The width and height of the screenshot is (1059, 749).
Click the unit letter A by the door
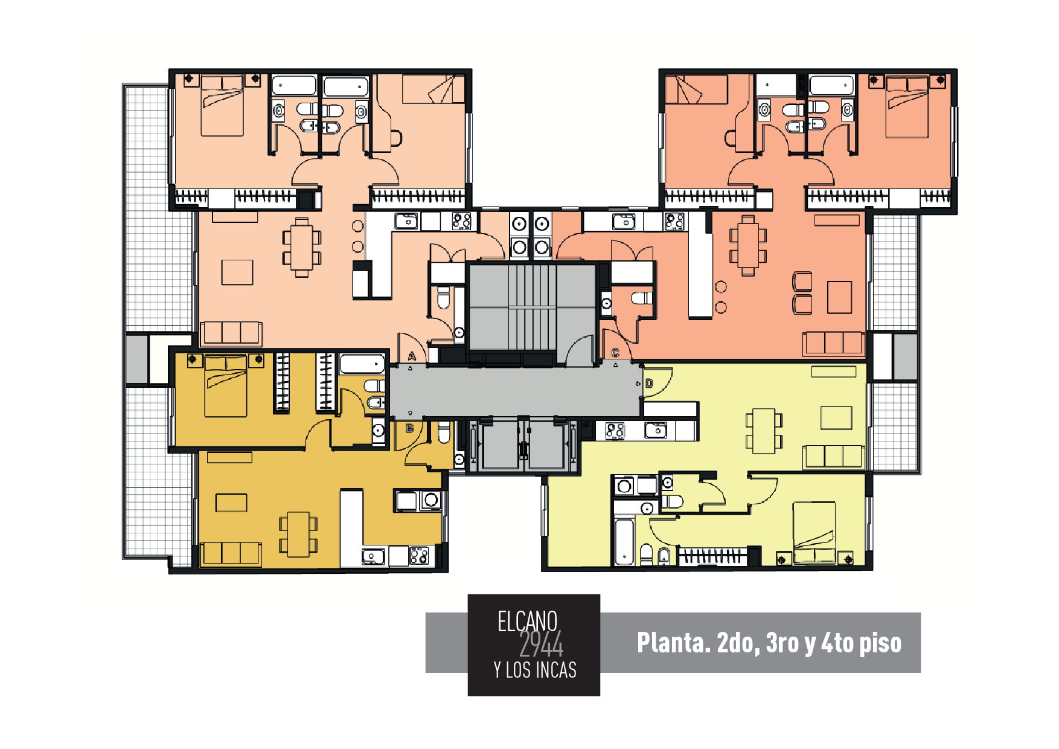412,356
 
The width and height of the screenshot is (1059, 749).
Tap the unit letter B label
409,428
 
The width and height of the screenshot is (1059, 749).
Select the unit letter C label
615,353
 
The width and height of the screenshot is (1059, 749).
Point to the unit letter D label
649,383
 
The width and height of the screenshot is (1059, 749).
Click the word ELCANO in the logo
527,622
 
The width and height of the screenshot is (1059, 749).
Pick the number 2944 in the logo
541,645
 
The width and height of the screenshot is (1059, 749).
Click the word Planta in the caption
673,643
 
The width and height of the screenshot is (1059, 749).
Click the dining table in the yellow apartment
764,431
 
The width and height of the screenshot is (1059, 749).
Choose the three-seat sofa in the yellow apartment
833,457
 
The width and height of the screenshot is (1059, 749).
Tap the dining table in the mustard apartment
298,535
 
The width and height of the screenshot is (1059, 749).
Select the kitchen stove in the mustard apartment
418,555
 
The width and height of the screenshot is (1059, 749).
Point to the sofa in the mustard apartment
231,553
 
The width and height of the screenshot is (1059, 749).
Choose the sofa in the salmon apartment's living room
834,343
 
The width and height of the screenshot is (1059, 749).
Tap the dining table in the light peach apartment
302,247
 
